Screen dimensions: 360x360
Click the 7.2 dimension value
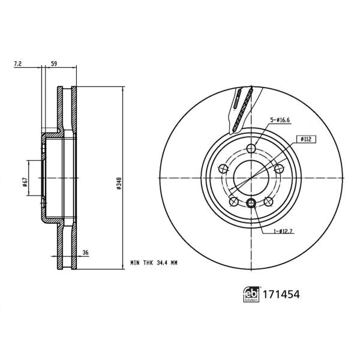tap(19, 63)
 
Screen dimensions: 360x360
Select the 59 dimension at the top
tap(54, 63)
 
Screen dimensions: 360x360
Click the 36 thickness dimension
tap(85, 253)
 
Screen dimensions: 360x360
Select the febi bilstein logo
tap(251, 295)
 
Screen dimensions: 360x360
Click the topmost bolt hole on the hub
tap(251, 149)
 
